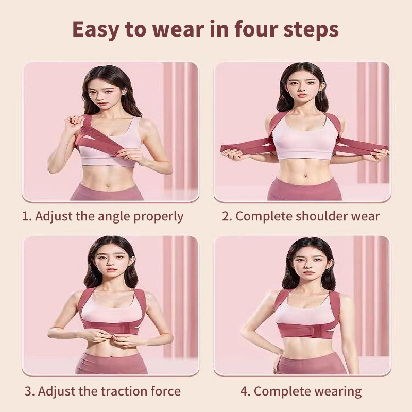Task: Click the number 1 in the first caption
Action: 26,216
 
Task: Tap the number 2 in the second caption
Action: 226,216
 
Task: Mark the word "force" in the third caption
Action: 165,391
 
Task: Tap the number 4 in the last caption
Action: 245,391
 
